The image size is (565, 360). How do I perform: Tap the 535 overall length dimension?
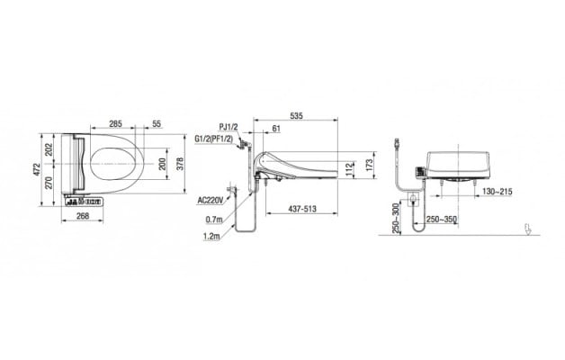click(296, 115)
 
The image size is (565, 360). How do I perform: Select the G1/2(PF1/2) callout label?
click(216, 139)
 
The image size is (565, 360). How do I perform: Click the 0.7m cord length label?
click(214, 220)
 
